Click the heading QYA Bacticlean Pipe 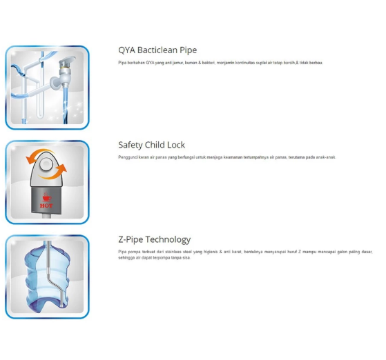(x=157, y=50)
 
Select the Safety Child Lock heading (x=151, y=145)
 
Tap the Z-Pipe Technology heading (x=155, y=239)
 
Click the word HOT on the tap (x=46, y=206)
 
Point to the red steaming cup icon (x=47, y=197)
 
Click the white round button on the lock (x=46, y=163)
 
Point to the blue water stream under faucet (x=66, y=103)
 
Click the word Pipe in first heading (x=188, y=50)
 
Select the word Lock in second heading (x=176, y=145)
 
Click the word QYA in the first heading (x=126, y=50)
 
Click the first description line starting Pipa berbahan (x=220, y=63)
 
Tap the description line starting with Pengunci (x=227, y=157)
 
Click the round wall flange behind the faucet (x=55, y=83)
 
